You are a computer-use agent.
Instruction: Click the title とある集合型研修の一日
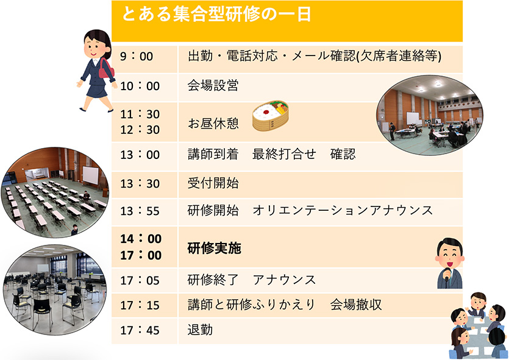click(216, 14)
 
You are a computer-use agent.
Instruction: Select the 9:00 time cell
click(137, 57)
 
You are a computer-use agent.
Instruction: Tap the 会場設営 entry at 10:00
click(213, 86)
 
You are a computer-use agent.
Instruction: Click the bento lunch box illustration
click(271, 116)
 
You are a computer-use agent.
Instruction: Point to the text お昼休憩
click(213, 123)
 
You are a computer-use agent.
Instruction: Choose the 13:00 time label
click(140, 154)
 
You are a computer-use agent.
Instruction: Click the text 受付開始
click(213, 183)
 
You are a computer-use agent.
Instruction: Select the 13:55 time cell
click(140, 211)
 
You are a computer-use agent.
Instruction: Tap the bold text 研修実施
click(214, 249)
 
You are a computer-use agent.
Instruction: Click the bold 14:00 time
click(141, 239)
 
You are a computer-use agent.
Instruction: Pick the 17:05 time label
click(140, 281)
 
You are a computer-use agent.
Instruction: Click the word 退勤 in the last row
click(200, 330)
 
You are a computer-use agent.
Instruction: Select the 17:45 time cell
click(140, 331)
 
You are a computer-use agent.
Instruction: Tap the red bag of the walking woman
click(106, 69)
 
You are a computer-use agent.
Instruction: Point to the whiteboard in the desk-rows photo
click(90, 175)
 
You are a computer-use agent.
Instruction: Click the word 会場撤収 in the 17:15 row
click(356, 305)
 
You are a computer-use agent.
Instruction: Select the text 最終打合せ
click(284, 154)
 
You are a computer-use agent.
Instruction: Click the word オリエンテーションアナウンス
click(343, 211)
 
